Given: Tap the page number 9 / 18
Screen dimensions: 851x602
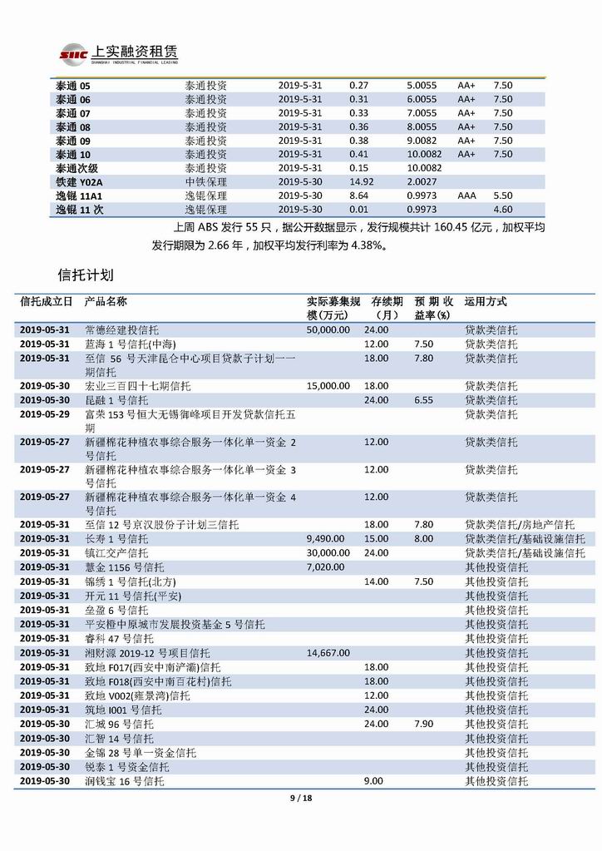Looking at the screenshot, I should (x=300, y=799).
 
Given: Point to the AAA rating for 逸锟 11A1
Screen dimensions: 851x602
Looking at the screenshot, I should (x=466, y=195).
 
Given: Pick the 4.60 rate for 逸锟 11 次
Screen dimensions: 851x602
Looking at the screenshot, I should (x=502, y=210).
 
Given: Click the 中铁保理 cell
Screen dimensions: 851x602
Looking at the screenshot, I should (x=205, y=181).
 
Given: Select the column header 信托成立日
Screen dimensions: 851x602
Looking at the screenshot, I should (x=46, y=302).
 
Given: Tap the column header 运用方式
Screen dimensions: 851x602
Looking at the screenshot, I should (x=485, y=302).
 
